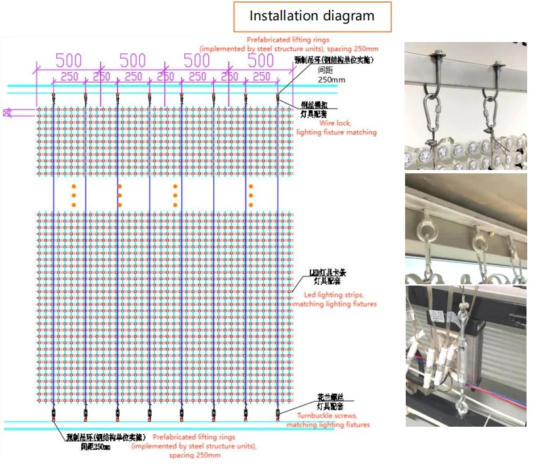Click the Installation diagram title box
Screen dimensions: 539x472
pyautogui.click(x=312, y=16)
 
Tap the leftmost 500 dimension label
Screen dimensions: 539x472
pyautogui.click(x=68, y=60)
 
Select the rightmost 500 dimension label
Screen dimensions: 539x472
pyautogui.click(x=261, y=60)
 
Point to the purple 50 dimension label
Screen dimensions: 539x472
pyautogui.click(x=7, y=112)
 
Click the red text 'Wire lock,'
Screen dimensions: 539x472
pyautogui.click(x=335, y=123)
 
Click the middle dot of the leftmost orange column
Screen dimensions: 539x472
pyautogui.click(x=74, y=195)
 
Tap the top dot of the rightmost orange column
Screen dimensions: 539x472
pyautogui.click(x=250, y=186)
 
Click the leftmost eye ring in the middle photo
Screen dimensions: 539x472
pyautogui.click(x=425, y=231)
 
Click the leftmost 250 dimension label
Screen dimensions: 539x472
pyautogui.click(x=68, y=77)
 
